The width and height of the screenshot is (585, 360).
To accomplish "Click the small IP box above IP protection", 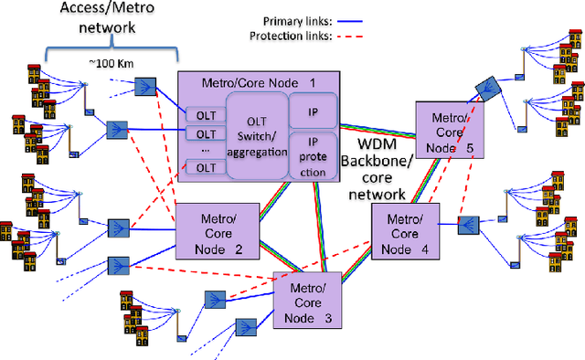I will pyautogui.click(x=314, y=110).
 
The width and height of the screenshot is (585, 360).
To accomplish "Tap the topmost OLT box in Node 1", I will pyautogui.click(x=200, y=116).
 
